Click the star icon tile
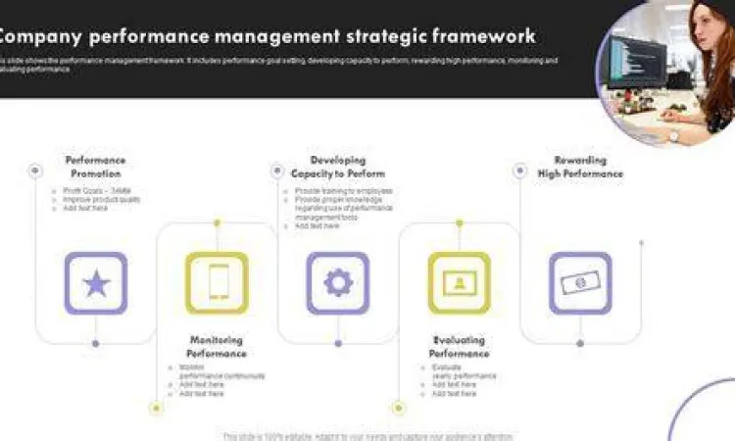click(x=96, y=283)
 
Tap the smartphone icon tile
click(x=217, y=283)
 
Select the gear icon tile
click(x=338, y=283)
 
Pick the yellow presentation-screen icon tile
click(x=459, y=283)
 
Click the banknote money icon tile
click(x=580, y=283)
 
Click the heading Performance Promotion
click(x=95, y=167)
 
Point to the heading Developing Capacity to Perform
click(x=338, y=167)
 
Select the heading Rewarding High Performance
click(x=580, y=167)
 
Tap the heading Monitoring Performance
click(x=218, y=347)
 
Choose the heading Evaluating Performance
click(x=459, y=347)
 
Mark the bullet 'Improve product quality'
click(x=102, y=199)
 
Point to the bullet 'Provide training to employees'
click(x=343, y=191)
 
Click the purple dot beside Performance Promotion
click(x=35, y=171)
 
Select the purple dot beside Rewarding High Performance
click(x=519, y=171)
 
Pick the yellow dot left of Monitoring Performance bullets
click(x=156, y=407)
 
